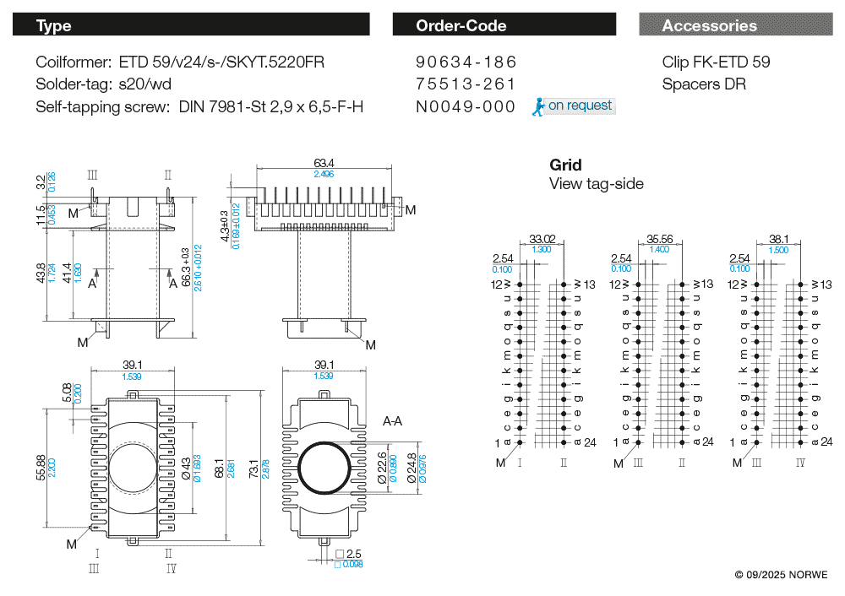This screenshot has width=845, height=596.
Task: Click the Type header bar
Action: [x=190, y=25]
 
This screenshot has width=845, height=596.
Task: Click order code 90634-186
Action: [x=466, y=62]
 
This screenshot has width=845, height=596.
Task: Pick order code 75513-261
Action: [x=466, y=84]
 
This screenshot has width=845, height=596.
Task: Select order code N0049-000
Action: [x=466, y=106]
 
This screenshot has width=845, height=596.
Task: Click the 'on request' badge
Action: [x=579, y=106]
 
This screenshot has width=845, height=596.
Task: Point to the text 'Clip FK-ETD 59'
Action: [x=716, y=62]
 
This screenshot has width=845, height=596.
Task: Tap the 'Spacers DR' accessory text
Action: [x=704, y=84]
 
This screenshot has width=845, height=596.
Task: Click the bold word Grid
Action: [x=565, y=165]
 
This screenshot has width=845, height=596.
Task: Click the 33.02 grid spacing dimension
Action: [x=542, y=239]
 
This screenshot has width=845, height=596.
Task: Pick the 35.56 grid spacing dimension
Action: [x=660, y=239]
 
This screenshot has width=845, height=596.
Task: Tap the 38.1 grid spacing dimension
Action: [x=778, y=239]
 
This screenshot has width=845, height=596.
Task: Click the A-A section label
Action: [x=392, y=420]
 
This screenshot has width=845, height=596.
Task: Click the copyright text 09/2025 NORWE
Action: [x=781, y=575]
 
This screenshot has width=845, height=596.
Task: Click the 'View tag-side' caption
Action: [x=596, y=184]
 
